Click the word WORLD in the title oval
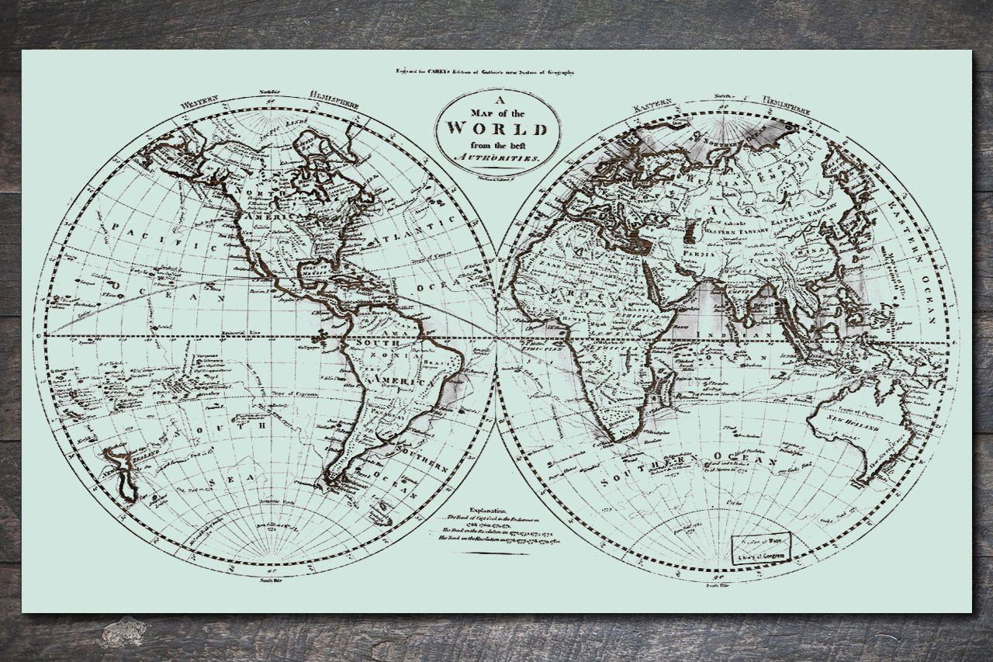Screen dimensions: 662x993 496,128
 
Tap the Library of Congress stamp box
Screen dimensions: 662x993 763,549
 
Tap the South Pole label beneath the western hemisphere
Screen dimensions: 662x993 268,580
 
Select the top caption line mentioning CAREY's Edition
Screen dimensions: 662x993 486,71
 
